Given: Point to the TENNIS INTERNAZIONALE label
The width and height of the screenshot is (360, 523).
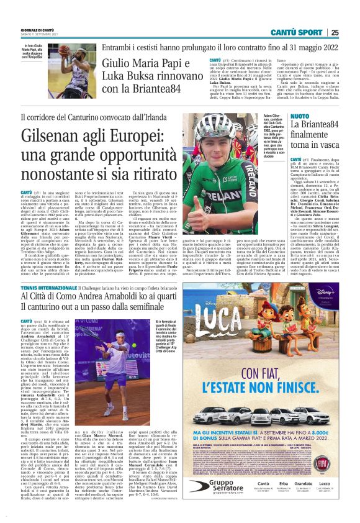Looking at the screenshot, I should [x=47, y=289].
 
